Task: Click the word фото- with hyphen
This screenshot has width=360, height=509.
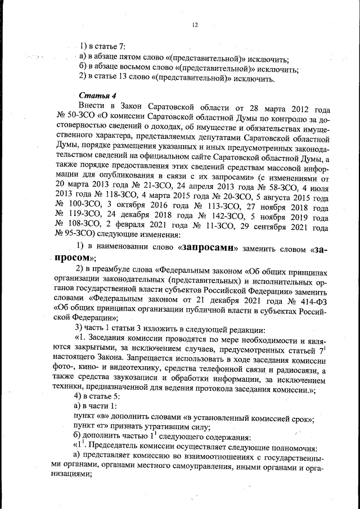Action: [x=66, y=367]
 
